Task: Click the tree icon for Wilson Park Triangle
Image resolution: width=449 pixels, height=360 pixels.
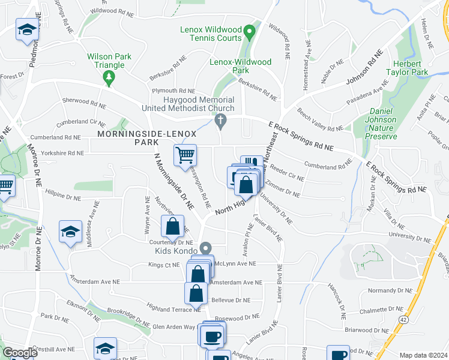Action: tap(109, 76)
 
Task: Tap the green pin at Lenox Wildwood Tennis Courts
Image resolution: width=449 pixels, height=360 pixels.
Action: tap(252, 30)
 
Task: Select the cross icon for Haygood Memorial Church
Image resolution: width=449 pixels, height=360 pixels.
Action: tap(220, 122)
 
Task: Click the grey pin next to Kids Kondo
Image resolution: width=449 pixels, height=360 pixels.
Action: tap(206, 247)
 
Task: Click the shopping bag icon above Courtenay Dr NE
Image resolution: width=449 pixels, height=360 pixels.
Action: tap(172, 227)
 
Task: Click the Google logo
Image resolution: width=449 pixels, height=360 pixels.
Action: tap(19, 353)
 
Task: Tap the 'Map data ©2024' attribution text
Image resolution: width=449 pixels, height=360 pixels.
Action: tap(423, 355)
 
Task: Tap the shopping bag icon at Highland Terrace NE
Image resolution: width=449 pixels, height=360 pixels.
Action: tap(196, 293)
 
